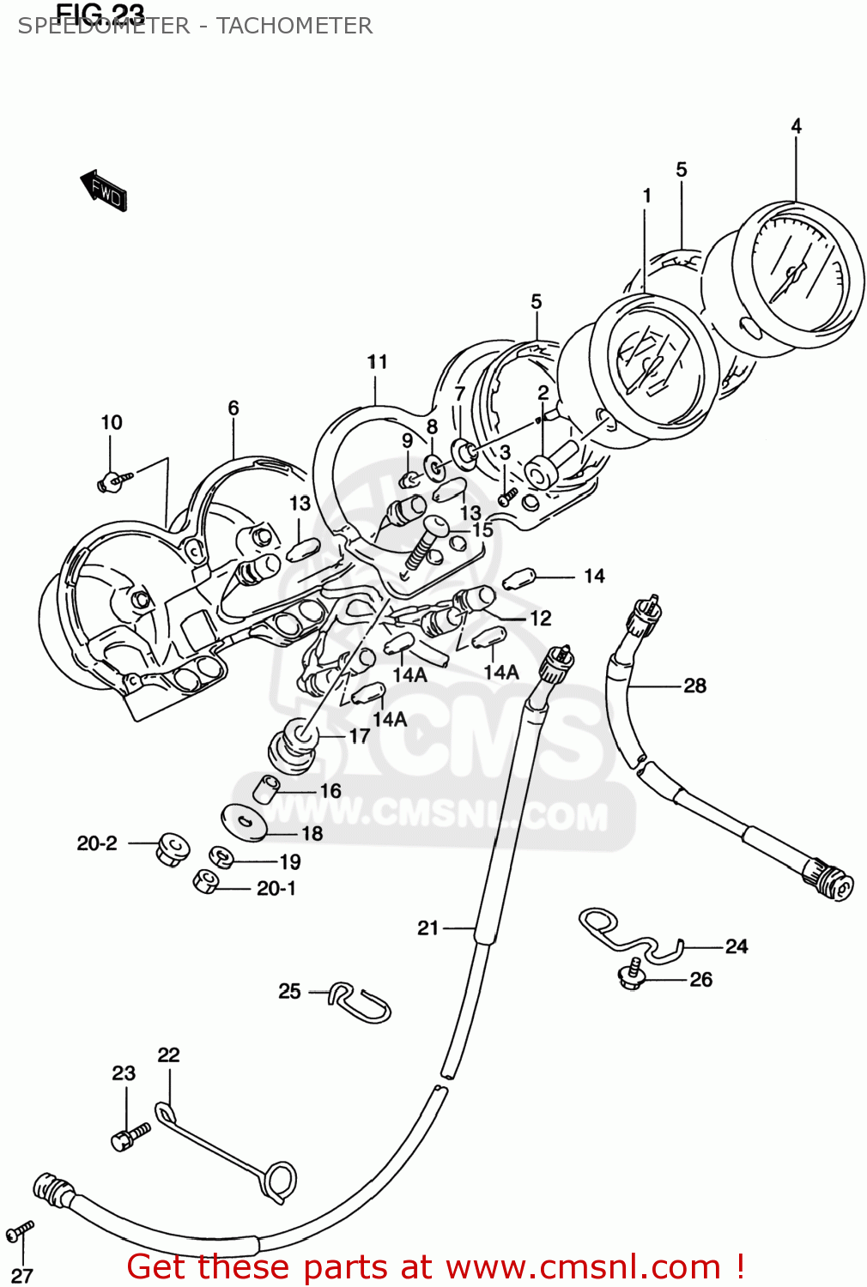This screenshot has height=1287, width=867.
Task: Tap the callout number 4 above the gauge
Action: (796, 126)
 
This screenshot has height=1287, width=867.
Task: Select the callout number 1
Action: (646, 196)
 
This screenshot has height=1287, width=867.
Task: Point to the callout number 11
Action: (377, 362)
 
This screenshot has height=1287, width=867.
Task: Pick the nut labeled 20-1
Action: (206, 882)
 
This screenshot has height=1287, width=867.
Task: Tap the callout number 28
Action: (694, 686)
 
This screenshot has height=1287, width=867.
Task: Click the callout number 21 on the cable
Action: (427, 927)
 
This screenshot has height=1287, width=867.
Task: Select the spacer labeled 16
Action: (266, 789)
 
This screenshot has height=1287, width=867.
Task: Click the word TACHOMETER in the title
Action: (294, 26)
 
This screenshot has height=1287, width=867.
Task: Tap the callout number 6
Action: (233, 408)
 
